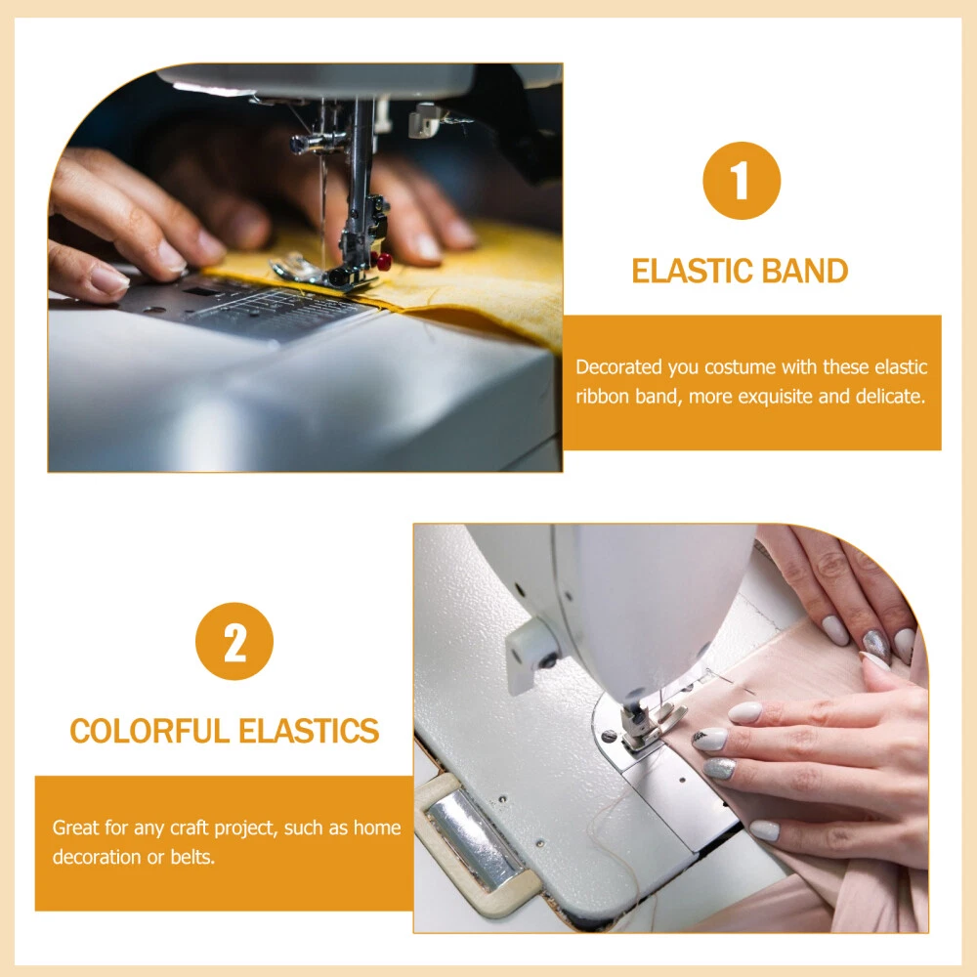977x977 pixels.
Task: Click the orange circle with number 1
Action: point(742,181)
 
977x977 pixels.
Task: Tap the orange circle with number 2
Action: point(234,641)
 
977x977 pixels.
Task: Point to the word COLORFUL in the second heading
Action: point(149,731)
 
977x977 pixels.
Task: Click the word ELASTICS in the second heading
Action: point(309,731)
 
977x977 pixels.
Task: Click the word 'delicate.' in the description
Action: point(890,397)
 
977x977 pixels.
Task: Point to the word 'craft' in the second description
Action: point(190,828)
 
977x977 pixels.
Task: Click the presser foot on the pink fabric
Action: point(647,729)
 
